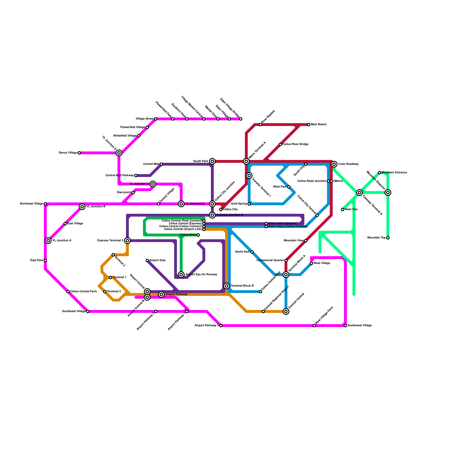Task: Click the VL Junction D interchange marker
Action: (119, 153)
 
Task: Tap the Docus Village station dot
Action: (79, 153)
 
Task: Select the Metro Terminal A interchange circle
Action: (246, 161)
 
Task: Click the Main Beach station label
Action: (319, 125)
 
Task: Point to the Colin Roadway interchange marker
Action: (334, 164)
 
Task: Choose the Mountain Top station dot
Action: (388, 238)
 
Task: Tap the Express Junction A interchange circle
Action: (212, 215)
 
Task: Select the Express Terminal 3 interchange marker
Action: (127, 241)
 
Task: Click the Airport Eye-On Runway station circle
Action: (181, 275)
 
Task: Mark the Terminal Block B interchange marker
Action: (226, 286)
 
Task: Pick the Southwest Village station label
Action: (360, 326)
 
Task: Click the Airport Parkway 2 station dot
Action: (221, 326)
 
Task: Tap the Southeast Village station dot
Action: (88, 311)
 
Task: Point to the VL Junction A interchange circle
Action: (48, 241)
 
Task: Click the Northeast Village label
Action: (32, 204)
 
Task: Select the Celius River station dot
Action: (198, 235)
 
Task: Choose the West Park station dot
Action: (289, 187)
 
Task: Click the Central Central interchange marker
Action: (286, 311)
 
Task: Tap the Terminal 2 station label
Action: (114, 292)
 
